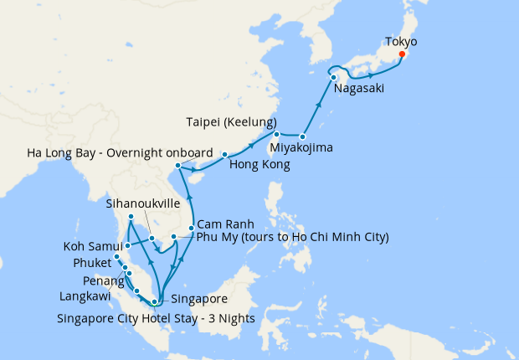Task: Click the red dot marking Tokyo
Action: tap(402, 54)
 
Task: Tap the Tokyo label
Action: tap(401, 40)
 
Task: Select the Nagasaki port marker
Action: tap(334, 77)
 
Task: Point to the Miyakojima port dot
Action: tap(303, 136)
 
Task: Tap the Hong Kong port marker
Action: tap(224, 155)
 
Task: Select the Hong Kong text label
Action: tap(259, 165)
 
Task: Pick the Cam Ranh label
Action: tap(225, 224)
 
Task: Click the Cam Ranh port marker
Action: tap(192, 228)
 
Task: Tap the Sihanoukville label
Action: tap(147, 203)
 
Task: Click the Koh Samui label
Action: tap(94, 246)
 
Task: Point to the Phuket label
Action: tap(92, 263)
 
